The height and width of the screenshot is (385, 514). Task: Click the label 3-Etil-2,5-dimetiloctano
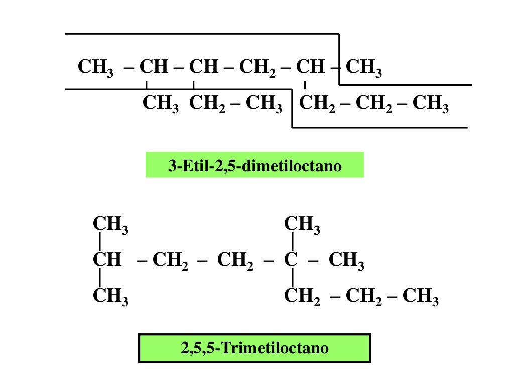pyautogui.click(x=254, y=165)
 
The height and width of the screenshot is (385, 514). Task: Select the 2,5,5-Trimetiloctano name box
pyautogui.click(x=254, y=348)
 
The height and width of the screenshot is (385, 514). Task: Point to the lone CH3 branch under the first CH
pyautogui.click(x=160, y=104)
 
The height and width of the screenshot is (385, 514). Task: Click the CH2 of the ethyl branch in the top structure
pyautogui.click(x=207, y=104)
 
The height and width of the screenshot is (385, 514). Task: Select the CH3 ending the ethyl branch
pyautogui.click(x=264, y=104)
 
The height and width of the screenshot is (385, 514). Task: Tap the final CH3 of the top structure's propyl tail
pyautogui.click(x=430, y=104)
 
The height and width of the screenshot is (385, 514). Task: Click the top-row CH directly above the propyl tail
pyautogui.click(x=310, y=66)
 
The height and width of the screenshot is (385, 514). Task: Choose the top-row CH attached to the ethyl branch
pyautogui.click(x=204, y=66)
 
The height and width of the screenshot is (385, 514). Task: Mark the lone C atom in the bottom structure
pyautogui.click(x=291, y=260)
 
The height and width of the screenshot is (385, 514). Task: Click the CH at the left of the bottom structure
pyautogui.click(x=107, y=260)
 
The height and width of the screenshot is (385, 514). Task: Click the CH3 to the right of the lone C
pyautogui.click(x=346, y=261)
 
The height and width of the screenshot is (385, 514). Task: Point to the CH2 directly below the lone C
pyautogui.click(x=302, y=297)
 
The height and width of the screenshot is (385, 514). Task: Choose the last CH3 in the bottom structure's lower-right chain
pyautogui.click(x=420, y=297)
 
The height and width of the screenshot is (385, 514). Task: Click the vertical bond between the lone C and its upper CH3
pyautogui.click(x=293, y=242)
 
